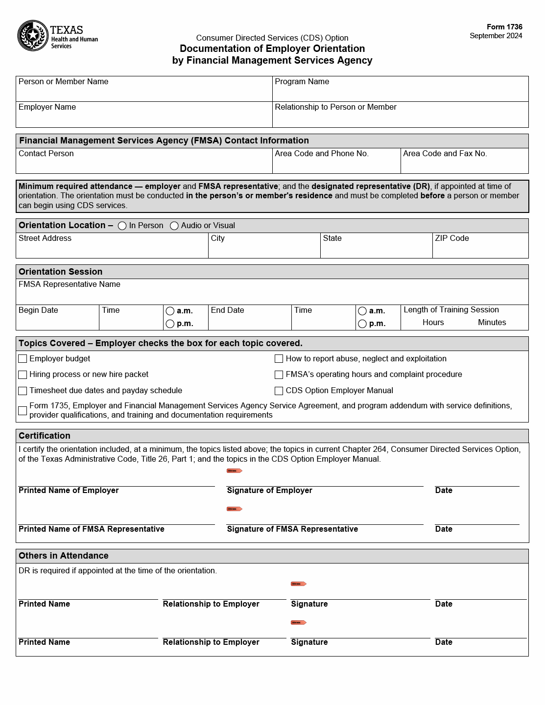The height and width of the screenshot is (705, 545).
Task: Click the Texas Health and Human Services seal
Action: pos(32,36)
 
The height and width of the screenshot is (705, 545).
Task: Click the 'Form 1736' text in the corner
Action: pos(504,27)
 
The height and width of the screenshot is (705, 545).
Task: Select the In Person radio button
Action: pos(122,226)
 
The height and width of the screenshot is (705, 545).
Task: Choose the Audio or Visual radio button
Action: pos(174,226)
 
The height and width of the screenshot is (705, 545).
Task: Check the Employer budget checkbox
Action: pos(23,359)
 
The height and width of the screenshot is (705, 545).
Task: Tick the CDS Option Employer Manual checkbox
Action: pos(279,391)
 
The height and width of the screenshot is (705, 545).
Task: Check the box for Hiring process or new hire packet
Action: pos(23,375)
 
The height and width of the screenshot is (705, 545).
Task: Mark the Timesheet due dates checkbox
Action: pos(23,391)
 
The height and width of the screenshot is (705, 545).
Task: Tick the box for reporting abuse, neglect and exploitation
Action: pos(279,359)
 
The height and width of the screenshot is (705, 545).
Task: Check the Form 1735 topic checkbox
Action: pos(23,411)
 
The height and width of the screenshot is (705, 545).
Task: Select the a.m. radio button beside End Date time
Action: pos(362,311)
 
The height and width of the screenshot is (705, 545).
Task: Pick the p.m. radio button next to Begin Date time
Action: pos(170,324)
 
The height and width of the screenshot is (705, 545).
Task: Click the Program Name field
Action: pos(400,93)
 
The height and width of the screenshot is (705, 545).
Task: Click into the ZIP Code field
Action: pos(480,249)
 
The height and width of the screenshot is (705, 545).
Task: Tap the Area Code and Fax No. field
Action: pos(464,164)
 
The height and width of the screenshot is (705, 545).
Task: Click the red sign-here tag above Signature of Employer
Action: pos(235,471)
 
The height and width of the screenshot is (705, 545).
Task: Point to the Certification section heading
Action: pos(45,436)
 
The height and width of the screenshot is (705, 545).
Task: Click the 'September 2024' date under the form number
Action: pos(496,36)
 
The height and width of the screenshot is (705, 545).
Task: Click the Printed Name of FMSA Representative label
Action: pos(92,529)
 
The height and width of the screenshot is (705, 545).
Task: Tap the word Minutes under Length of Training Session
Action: pos(492,323)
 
